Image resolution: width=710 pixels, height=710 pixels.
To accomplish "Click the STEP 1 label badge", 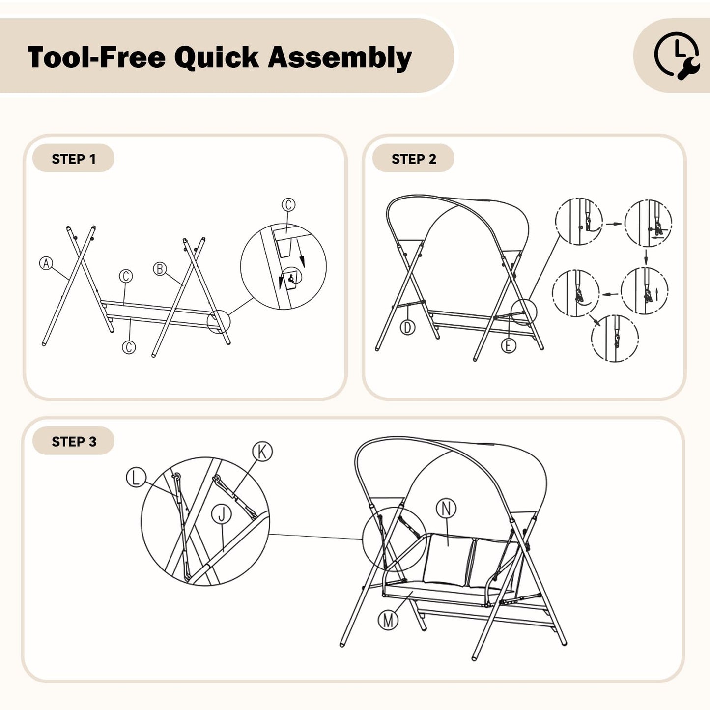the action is (73, 158).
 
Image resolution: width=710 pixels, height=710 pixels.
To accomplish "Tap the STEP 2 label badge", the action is (413, 158).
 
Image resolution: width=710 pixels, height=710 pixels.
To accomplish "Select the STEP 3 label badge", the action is (73, 441).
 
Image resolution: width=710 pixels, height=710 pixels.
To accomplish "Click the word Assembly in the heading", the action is (340, 58).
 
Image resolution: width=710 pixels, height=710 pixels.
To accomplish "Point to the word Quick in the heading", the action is (217, 57).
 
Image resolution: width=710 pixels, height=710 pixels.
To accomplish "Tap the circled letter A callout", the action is (46, 263).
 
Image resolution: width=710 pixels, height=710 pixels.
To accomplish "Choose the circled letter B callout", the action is (160, 269).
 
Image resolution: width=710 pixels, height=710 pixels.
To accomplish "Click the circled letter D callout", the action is (407, 327).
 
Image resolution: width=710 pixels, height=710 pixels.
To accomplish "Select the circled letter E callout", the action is (509, 345).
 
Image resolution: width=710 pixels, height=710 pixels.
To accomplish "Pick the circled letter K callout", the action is (262, 452).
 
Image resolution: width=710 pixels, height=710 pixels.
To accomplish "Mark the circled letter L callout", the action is (136, 478).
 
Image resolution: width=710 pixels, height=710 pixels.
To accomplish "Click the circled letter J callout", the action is (222, 514).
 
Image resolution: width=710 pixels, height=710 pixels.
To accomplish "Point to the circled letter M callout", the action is (388, 620).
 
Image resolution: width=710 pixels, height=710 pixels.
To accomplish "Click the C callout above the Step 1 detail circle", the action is (288, 205).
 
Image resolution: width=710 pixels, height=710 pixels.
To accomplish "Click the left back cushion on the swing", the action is (447, 560).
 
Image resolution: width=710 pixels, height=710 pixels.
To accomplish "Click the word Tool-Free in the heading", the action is (96, 57).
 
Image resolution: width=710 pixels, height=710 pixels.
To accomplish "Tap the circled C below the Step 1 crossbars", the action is (129, 347).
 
